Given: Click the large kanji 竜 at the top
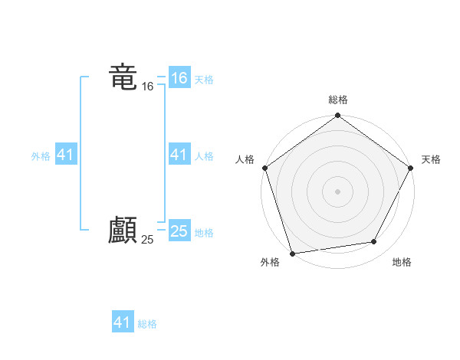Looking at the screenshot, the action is click(x=123, y=77).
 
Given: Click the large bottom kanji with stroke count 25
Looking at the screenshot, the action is click(x=123, y=230).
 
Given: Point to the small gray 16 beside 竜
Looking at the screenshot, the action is click(x=148, y=87).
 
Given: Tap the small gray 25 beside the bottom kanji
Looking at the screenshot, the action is click(x=148, y=240).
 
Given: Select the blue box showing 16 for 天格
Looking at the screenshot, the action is click(x=179, y=78).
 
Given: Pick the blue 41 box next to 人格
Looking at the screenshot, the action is click(x=179, y=155).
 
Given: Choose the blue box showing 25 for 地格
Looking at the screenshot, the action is click(x=179, y=231).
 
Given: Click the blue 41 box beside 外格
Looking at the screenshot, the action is click(x=66, y=155).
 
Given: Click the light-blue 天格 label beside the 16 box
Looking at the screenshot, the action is click(x=204, y=79).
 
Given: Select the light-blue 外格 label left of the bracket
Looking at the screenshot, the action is click(x=41, y=156).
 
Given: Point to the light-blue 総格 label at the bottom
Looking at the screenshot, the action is click(x=147, y=324).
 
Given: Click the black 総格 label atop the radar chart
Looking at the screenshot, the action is click(x=337, y=100).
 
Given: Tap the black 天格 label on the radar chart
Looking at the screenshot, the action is click(x=431, y=159).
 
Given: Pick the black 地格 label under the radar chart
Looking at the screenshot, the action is click(x=402, y=263).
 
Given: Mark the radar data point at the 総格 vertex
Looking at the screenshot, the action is click(x=337, y=116).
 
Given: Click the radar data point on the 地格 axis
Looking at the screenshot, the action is click(x=374, y=242).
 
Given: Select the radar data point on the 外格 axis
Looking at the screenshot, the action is click(x=292, y=253).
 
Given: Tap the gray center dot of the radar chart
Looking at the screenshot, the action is click(x=337, y=191).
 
